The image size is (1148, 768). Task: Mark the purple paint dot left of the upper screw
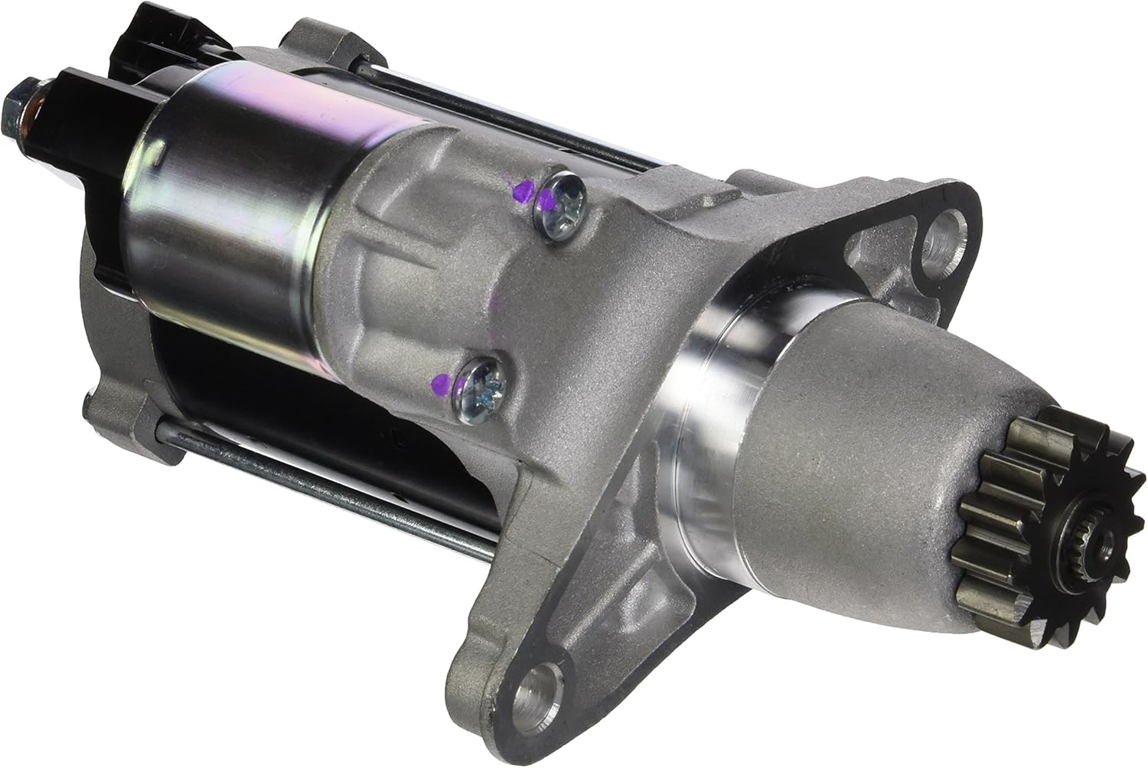click(521, 191)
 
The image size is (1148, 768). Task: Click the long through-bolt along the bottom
click(321, 482)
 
